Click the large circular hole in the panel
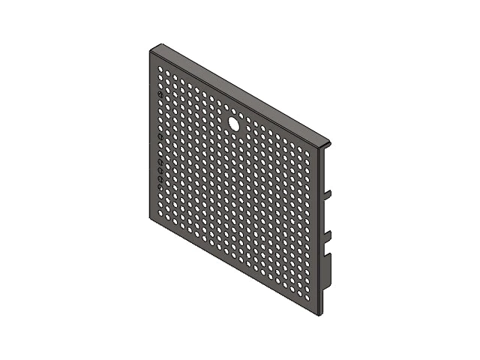(x=233, y=122)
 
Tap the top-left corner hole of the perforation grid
(x=160, y=70)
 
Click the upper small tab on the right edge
(x=327, y=195)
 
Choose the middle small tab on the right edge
(x=327, y=236)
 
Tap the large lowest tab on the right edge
(x=328, y=274)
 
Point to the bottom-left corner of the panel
(x=150, y=216)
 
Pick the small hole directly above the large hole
(x=233, y=110)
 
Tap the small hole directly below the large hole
(x=233, y=135)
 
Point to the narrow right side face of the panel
(x=320, y=225)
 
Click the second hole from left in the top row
(x=167, y=73)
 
